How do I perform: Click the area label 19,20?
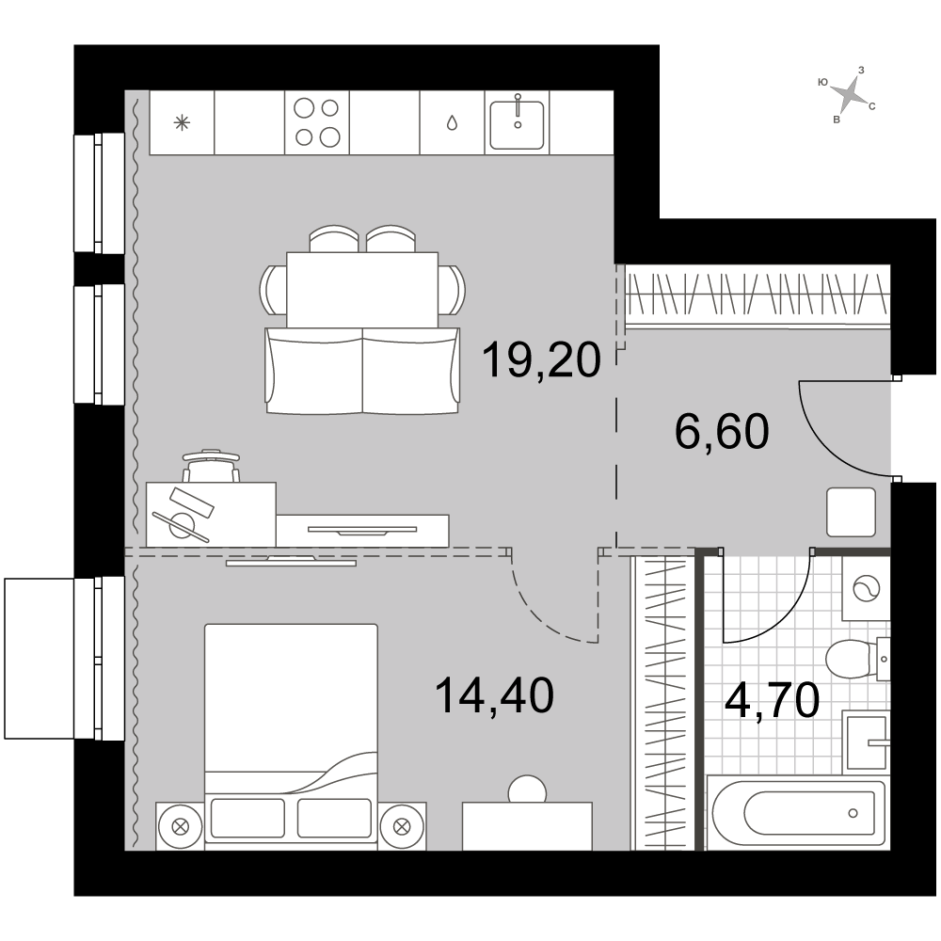click(541, 359)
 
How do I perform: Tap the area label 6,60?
click(722, 432)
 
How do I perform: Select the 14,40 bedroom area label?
click(494, 695)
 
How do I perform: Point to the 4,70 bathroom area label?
click(772, 700)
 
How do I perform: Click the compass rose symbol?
click(847, 95)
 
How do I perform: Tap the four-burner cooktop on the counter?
click(317, 122)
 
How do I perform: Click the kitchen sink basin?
click(517, 124)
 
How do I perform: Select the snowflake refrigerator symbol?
click(182, 123)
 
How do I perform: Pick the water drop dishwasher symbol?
click(452, 123)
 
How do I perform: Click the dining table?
click(362, 289)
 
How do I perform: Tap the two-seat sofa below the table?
click(362, 370)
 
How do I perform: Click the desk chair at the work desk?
click(211, 466)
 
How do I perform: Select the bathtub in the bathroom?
click(798, 813)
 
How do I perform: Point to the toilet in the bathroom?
click(857, 660)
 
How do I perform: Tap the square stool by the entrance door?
click(851, 512)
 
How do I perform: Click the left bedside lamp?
click(180, 826)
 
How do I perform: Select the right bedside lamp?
click(401, 826)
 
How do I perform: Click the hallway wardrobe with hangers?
click(758, 295)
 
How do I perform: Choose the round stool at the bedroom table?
click(527, 789)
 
